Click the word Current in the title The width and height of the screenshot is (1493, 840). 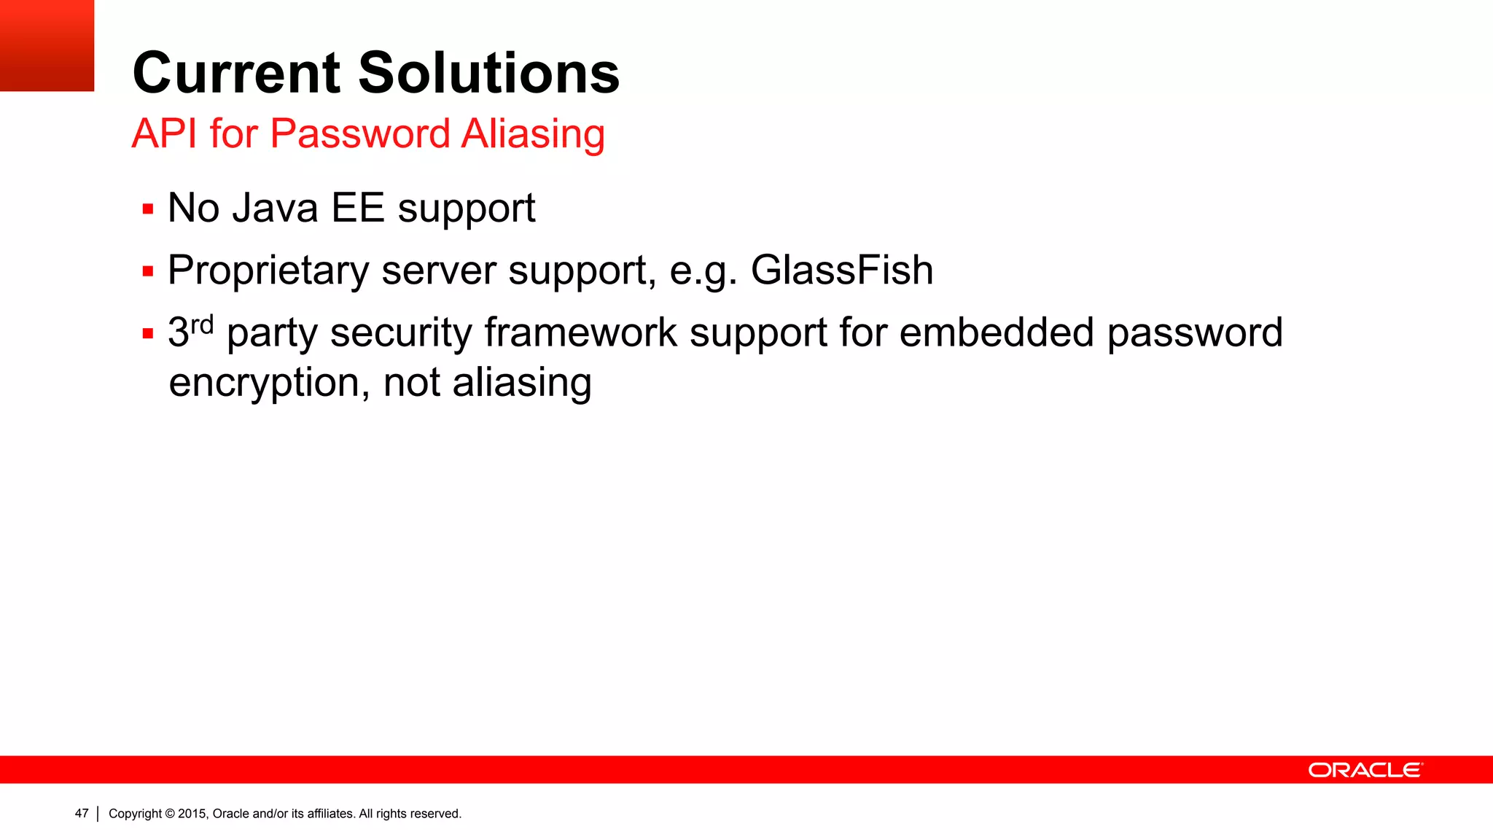[x=236, y=74]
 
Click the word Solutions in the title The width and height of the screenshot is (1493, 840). [x=488, y=74]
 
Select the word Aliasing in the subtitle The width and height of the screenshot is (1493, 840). [x=533, y=133]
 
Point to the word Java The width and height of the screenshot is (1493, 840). [x=275, y=208]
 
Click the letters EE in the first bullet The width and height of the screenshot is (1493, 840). [x=357, y=208]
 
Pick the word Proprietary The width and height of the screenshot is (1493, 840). [x=268, y=271]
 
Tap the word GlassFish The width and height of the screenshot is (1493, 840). [x=841, y=270]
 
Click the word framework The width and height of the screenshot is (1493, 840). [x=580, y=332]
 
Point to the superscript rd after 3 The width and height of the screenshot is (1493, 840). [x=202, y=324]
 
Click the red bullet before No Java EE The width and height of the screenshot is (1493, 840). [x=148, y=210]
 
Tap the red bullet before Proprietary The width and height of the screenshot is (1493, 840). [x=148, y=272]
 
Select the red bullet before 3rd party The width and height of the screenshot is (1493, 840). [x=148, y=334]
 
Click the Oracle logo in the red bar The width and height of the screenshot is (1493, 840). [x=1365, y=770]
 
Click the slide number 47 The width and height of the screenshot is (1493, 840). [x=82, y=813]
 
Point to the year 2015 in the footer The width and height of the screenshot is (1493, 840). [x=192, y=814]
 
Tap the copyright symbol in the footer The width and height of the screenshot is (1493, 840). [x=170, y=814]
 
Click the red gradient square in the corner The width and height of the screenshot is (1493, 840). [x=47, y=45]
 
